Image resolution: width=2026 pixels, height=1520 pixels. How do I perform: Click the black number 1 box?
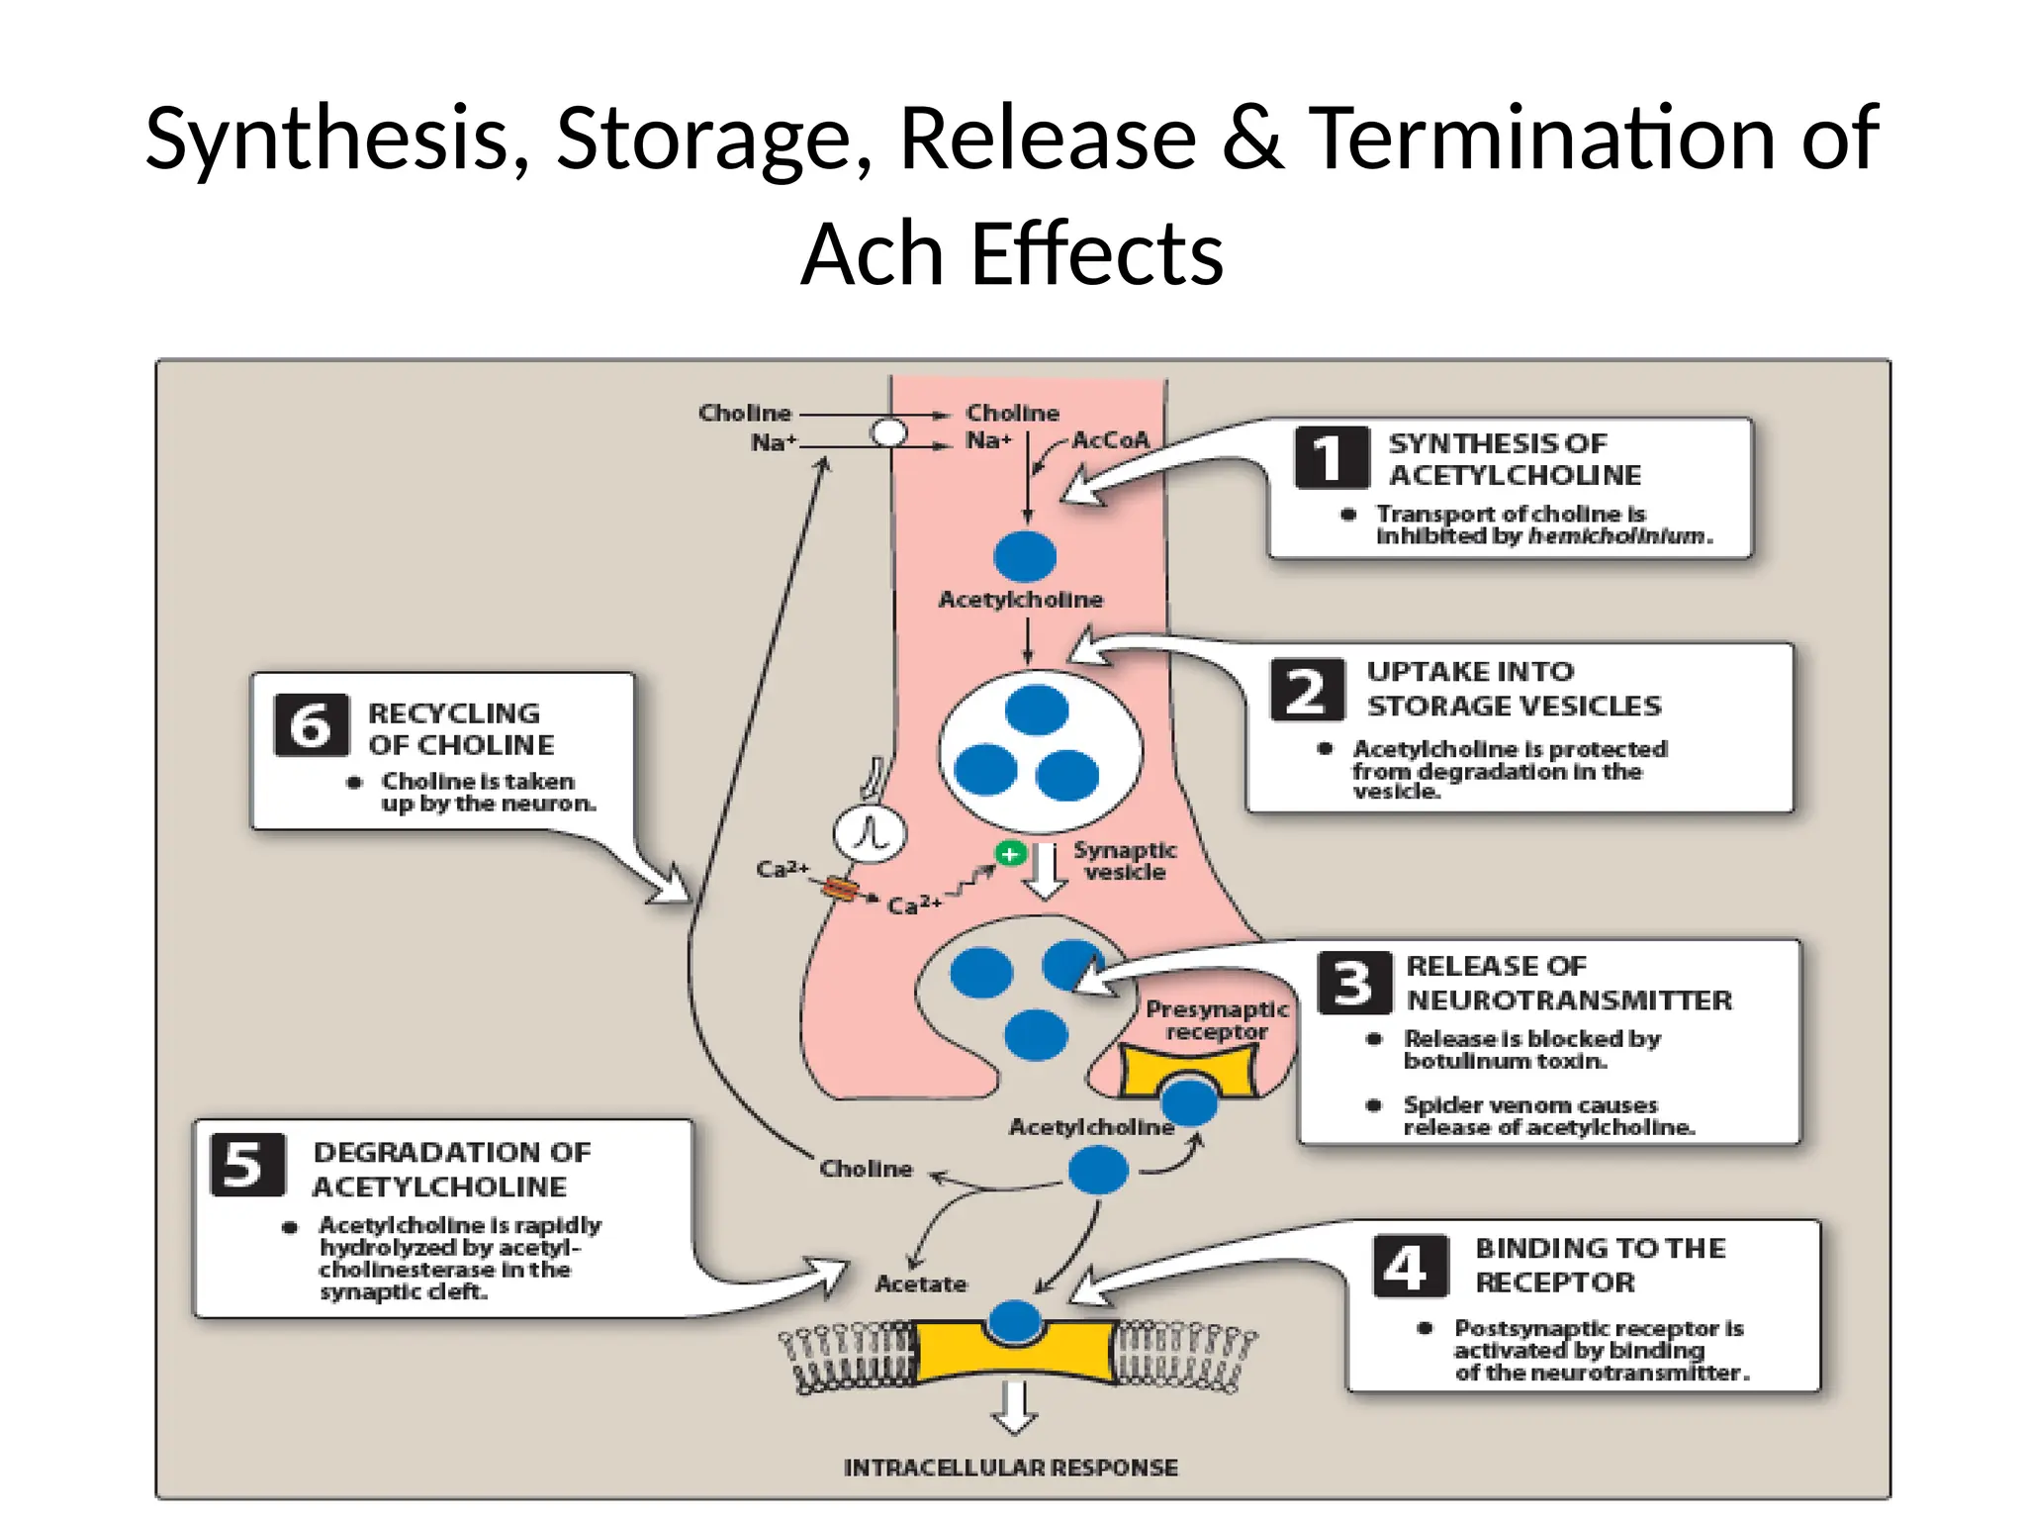pos(1332,457)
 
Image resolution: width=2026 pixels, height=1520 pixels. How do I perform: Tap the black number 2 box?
pos(1307,690)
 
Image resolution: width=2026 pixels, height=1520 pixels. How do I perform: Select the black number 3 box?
pos(1353,983)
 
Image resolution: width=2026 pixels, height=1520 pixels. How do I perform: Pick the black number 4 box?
pos(1410,1266)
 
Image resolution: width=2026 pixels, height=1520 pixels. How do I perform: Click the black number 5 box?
pos(247,1165)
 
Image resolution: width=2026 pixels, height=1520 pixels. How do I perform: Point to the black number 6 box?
pos(311,725)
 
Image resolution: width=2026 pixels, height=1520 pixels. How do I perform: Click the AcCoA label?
pos(1110,439)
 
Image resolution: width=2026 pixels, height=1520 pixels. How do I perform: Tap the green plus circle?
pos(1010,853)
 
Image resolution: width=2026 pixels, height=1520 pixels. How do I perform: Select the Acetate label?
pos(920,1283)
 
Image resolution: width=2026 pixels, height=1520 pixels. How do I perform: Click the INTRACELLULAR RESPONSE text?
pos(1010,1468)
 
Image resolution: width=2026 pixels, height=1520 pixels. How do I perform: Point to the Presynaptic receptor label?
pos(1216,1020)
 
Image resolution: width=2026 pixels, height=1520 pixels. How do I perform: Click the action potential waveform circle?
pos(870,833)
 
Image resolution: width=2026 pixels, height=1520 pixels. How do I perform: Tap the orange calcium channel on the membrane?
pos(839,890)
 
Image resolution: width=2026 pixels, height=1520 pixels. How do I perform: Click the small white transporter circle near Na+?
pos(887,432)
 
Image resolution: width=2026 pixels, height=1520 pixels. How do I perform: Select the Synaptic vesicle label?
pos(1124,861)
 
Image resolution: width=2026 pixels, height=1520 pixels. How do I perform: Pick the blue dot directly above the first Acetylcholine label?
pos(1025,556)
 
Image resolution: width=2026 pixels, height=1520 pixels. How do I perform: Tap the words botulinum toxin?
pos(1505,1061)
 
